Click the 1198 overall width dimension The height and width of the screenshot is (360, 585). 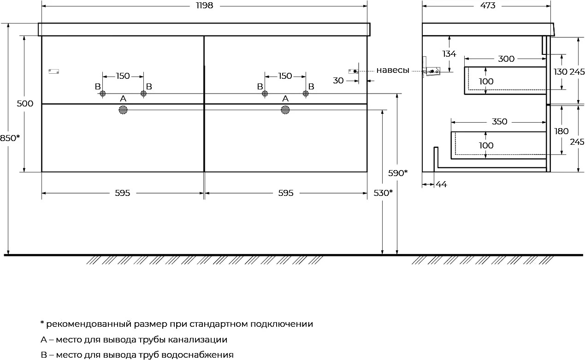point(205,6)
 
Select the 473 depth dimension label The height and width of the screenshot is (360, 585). point(488,6)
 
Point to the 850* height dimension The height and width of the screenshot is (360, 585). point(10,138)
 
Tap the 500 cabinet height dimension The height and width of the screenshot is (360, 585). point(25,104)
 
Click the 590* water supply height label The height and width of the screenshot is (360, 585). point(398,173)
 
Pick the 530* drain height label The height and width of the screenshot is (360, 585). point(383,193)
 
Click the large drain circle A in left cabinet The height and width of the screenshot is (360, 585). point(123,110)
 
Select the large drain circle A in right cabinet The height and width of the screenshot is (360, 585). point(285,110)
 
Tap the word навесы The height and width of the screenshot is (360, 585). point(392,70)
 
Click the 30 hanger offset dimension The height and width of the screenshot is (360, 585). point(338,81)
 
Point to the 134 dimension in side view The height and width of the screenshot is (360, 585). point(449,54)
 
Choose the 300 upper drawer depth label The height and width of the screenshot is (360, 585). point(506,59)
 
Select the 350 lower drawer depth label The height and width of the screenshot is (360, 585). point(499,122)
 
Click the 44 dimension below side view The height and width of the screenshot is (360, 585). point(441,184)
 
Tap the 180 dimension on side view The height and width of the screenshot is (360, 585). point(561,131)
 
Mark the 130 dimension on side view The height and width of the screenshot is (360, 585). point(561,72)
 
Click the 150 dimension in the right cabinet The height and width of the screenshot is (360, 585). point(285,76)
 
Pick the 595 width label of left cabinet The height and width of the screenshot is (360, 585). point(122,193)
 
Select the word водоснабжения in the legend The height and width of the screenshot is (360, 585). point(197,355)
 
